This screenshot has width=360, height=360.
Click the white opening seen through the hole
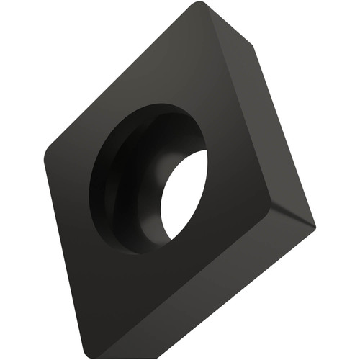[184, 194]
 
